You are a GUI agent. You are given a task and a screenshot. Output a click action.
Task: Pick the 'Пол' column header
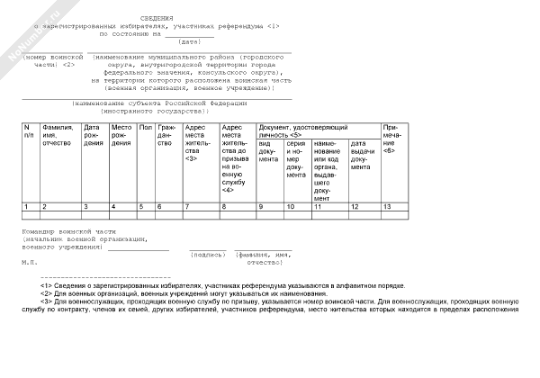(x=145, y=129)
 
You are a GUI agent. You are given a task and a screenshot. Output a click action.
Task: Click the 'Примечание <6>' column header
(x=392, y=136)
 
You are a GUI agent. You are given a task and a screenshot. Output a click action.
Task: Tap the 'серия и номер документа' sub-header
(x=295, y=158)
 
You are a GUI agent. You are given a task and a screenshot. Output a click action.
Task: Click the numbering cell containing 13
(x=387, y=207)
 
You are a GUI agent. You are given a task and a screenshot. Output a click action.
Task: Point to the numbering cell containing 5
(x=142, y=207)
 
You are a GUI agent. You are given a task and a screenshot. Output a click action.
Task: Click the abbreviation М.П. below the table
(x=29, y=263)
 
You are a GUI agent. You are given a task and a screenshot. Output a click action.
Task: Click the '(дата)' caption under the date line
(x=190, y=41)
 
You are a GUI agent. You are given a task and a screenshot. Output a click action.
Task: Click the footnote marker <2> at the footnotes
(x=47, y=293)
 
